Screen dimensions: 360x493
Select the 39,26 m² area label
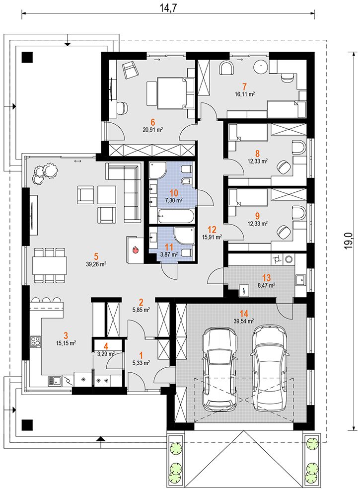96,264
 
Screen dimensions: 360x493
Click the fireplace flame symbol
136,249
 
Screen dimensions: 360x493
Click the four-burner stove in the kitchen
35,342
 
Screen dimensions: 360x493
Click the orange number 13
266,278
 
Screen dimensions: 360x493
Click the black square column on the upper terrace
27,57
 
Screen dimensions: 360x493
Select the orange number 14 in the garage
244,314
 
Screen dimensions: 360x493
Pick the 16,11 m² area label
244,94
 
